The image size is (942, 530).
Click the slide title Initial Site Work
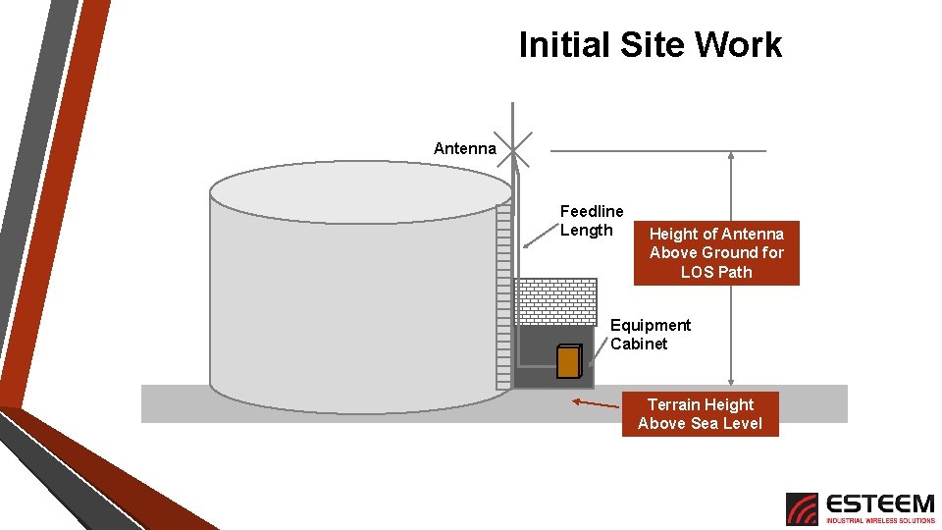[x=650, y=45]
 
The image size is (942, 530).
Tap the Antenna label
[x=465, y=149]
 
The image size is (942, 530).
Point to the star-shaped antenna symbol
[x=513, y=149]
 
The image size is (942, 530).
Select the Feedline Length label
[x=591, y=221]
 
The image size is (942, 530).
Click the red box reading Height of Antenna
[x=716, y=253]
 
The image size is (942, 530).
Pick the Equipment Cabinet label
[x=650, y=335]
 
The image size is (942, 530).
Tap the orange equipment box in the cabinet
[x=567, y=362]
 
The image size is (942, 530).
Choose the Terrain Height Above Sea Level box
[x=700, y=414]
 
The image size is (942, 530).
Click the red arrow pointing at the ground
[x=596, y=403]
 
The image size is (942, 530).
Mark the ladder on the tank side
[x=504, y=294]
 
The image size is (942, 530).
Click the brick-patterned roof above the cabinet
[x=555, y=301]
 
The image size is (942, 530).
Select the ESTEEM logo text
[x=879, y=503]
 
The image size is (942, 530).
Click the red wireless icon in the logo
[x=802, y=508]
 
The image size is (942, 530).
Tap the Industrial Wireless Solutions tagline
[x=879, y=520]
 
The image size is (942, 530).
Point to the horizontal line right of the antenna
[x=657, y=151]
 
